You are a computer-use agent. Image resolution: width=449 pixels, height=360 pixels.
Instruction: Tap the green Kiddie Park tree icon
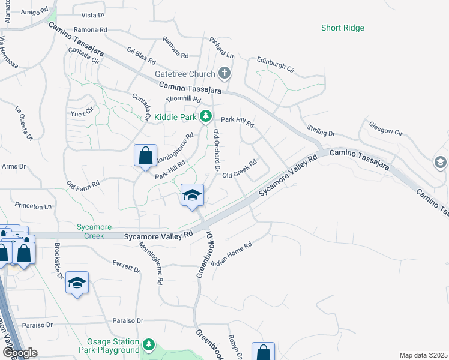[x=205, y=116]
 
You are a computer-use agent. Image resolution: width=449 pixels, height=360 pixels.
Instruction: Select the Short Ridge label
[x=342, y=28]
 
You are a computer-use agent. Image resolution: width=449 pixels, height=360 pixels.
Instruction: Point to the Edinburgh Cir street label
[x=276, y=64]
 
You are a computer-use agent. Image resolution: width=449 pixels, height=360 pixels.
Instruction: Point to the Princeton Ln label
[x=33, y=206]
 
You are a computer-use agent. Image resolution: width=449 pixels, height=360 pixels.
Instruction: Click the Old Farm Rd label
[x=83, y=182]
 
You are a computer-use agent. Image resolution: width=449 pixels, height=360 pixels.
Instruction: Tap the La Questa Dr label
[x=24, y=124]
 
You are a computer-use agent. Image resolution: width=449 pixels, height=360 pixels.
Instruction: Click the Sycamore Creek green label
[x=90, y=231]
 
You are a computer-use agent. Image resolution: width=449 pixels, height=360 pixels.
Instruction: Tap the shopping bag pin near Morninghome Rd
[x=145, y=156]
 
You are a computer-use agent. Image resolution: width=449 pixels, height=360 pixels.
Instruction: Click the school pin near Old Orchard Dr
[x=193, y=195]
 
